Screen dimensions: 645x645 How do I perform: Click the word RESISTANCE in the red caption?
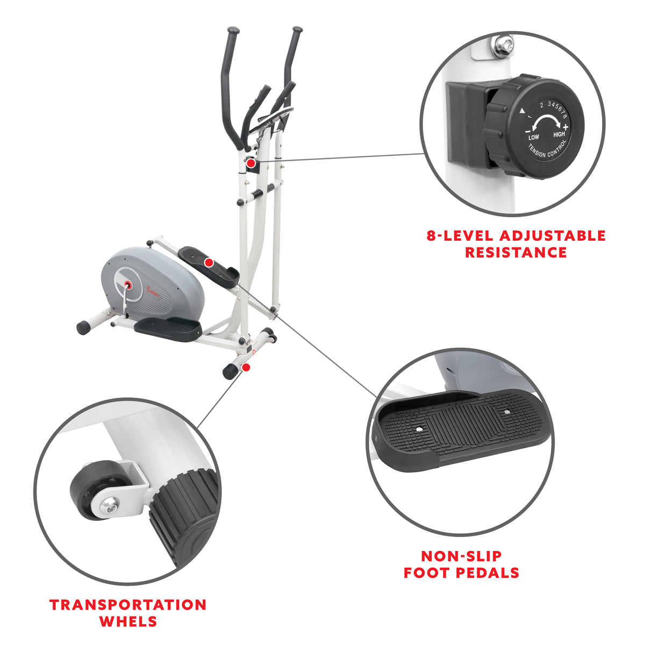tap(515, 252)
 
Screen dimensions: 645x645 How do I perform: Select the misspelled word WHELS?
tap(128, 622)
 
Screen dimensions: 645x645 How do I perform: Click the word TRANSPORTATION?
tap(128, 605)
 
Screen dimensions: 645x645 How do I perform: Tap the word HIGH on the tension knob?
tap(559, 134)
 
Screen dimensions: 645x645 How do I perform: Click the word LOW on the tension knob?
tap(533, 138)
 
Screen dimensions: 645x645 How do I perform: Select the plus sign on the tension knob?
tap(565, 127)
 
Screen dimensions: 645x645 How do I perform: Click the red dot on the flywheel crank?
tap(128, 283)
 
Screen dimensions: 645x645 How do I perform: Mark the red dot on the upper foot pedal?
tap(208, 262)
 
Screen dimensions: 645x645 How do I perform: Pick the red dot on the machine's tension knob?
tap(251, 162)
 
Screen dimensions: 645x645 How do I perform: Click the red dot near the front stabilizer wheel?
tap(246, 367)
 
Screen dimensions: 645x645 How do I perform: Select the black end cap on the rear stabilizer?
tap(83, 327)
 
